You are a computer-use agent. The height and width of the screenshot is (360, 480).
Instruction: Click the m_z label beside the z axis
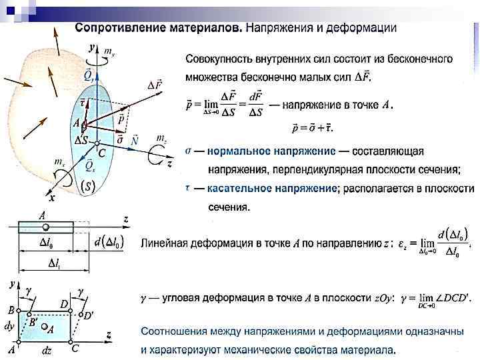click(161, 138)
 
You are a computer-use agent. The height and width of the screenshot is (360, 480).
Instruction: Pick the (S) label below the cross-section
click(87, 188)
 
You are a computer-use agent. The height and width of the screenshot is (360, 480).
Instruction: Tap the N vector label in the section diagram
click(135, 141)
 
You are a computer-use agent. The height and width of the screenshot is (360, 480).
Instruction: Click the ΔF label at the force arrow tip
click(155, 84)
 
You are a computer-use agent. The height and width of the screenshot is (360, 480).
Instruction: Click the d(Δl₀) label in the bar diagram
click(109, 243)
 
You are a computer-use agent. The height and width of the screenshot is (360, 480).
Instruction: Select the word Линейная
click(166, 243)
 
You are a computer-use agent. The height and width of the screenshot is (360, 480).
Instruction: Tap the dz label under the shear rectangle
click(47, 349)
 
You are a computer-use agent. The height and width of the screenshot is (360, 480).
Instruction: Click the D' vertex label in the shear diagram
click(88, 315)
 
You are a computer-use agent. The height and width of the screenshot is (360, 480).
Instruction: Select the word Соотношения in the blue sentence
click(174, 331)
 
